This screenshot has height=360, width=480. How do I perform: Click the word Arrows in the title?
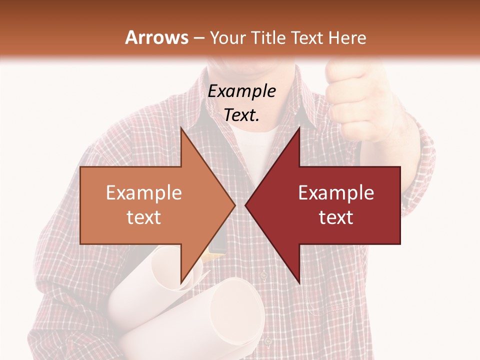pos(156,37)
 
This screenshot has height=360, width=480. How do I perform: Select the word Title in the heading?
pos(267,37)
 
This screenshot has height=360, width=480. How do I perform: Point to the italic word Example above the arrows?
pos(242,91)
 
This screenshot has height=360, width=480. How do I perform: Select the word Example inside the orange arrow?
pos(144,193)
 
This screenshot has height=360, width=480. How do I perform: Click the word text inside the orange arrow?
pos(144,217)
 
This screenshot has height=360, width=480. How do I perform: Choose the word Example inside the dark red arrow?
pos(336,193)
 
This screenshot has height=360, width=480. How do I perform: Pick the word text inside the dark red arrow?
pos(336,217)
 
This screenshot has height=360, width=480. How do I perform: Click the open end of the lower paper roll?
pos(237,312)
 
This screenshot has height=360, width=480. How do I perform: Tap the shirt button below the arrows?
pos(263,275)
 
